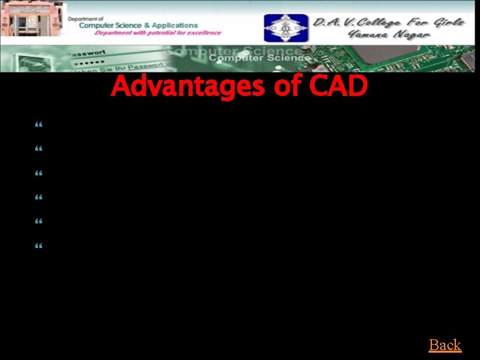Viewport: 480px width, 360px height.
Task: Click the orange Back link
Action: tap(445, 345)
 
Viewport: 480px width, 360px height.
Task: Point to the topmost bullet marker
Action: tap(37, 125)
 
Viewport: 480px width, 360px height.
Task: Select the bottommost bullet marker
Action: tap(37, 245)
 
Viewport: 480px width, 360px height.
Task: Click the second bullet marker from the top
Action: tap(37, 149)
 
